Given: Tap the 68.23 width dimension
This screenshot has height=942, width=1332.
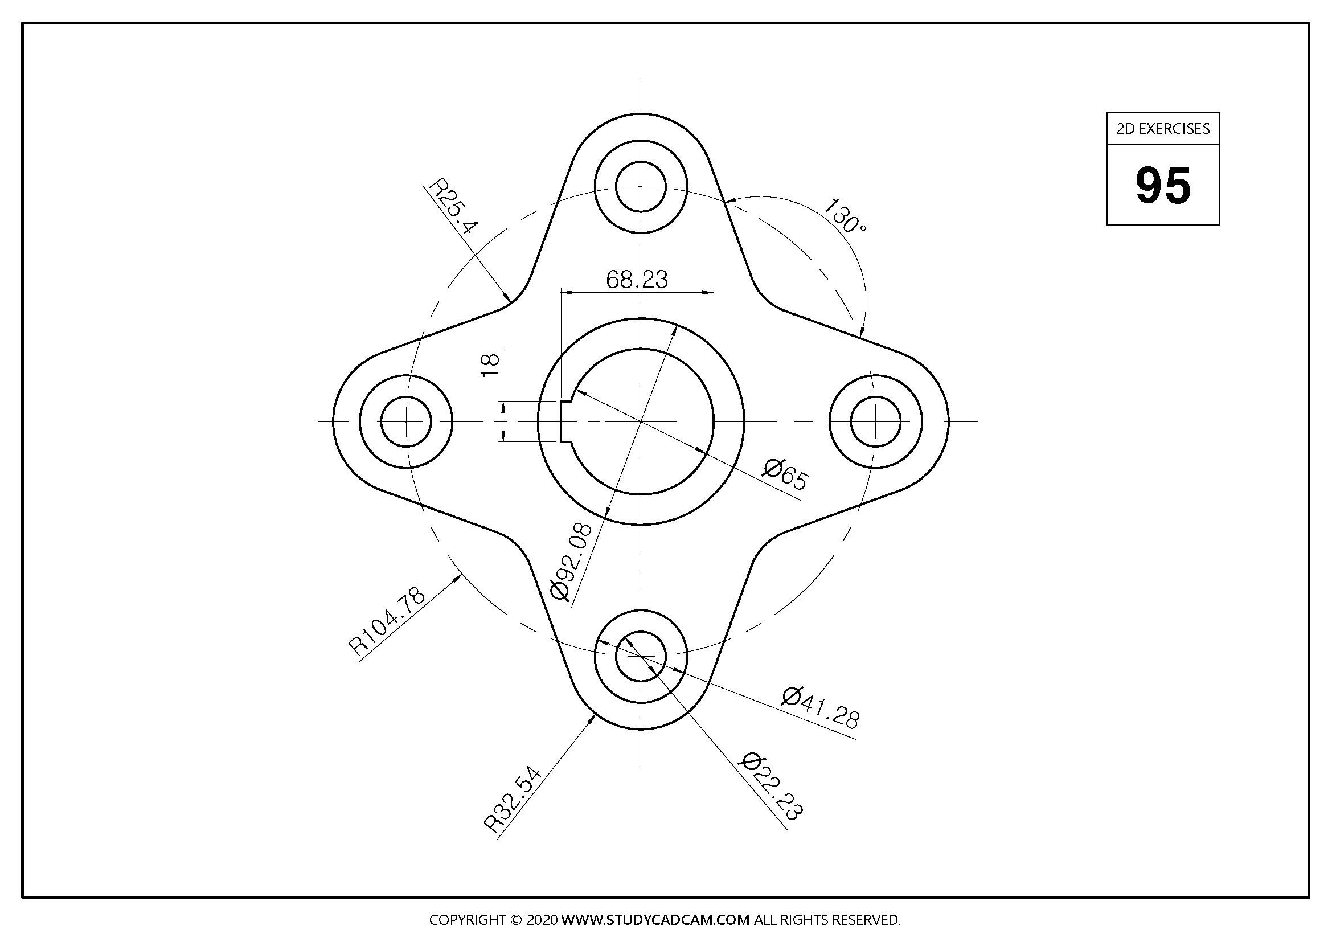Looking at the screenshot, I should (x=637, y=280).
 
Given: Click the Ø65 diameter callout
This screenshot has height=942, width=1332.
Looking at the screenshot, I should (x=785, y=474).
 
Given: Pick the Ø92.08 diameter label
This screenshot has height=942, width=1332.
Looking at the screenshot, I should (x=571, y=561).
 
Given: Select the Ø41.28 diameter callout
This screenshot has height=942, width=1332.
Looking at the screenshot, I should (x=820, y=708).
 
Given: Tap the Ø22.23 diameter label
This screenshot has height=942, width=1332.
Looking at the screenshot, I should (x=772, y=786).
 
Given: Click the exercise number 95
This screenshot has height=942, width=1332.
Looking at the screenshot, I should (x=1163, y=186).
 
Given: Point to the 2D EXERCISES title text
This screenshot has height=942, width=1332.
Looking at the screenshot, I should (x=1163, y=129).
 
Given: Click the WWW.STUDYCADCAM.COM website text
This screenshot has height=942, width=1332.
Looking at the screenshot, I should (x=655, y=920).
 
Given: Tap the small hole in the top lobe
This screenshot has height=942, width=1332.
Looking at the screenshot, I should (x=641, y=187).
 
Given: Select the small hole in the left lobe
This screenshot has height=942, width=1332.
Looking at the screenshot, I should (x=406, y=421).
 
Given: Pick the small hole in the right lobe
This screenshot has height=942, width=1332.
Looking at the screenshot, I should (x=875, y=421).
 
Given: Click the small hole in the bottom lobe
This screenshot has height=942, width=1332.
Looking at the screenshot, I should (x=641, y=656).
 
